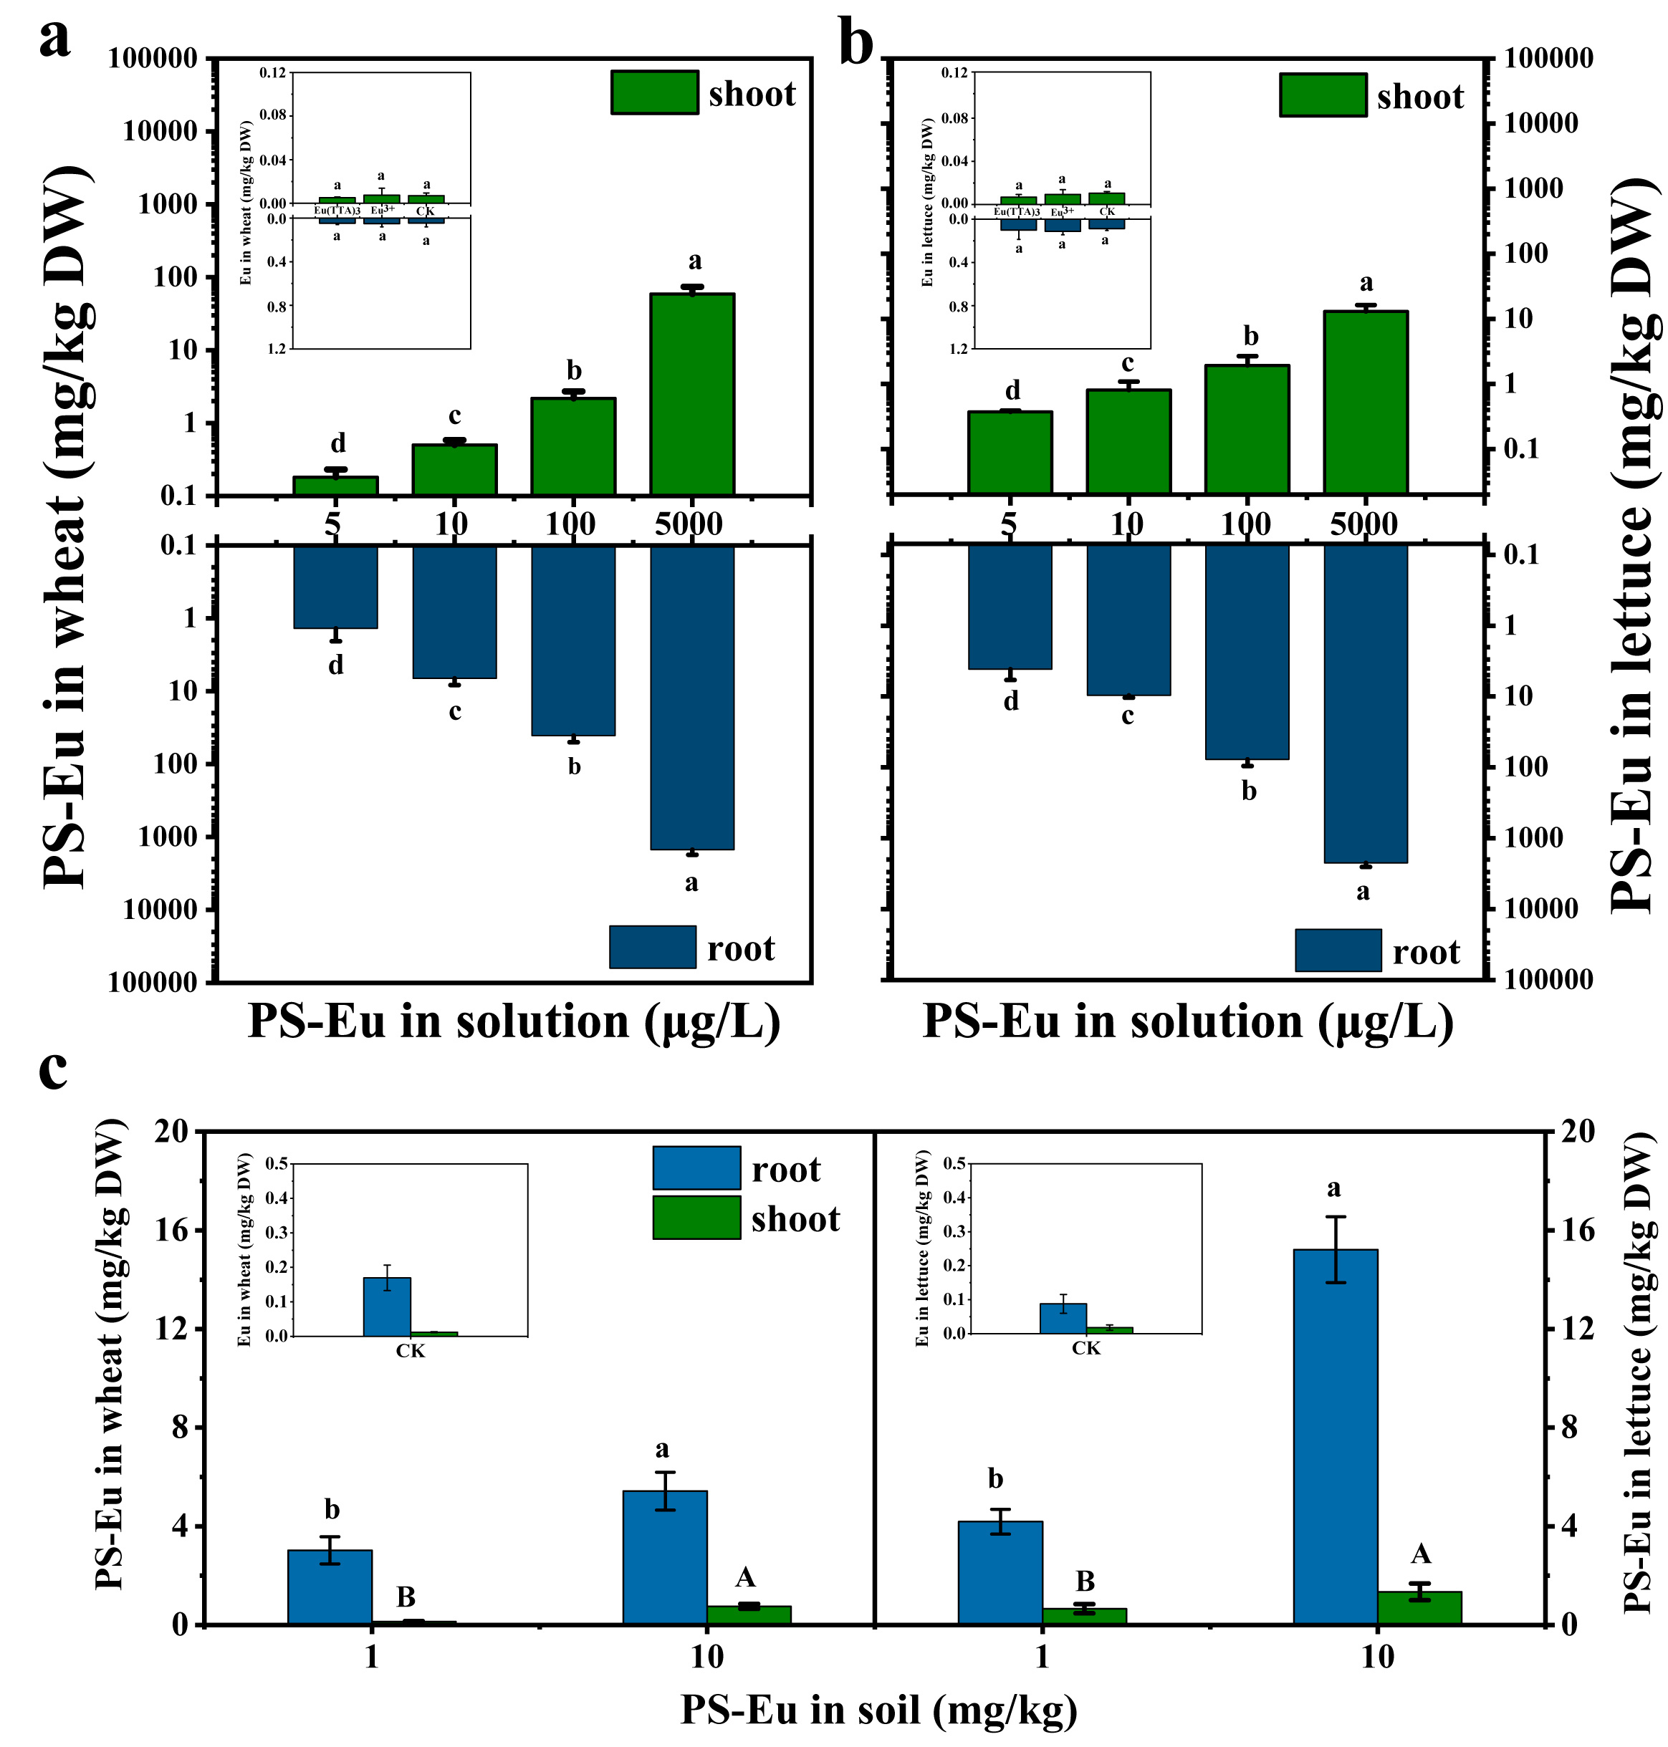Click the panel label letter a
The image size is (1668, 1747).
tap(54, 40)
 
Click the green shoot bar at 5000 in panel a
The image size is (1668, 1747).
tap(691, 393)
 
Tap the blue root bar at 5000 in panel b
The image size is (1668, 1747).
tap(1365, 703)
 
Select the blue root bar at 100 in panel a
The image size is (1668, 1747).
tap(572, 640)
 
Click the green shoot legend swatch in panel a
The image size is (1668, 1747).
tap(654, 92)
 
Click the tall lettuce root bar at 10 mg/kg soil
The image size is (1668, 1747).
tap(1335, 1437)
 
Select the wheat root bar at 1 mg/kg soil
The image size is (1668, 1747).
tap(330, 1587)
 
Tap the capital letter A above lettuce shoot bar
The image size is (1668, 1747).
tap(1421, 1554)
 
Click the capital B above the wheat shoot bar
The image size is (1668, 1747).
tap(406, 1597)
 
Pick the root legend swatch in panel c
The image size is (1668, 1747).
tap(696, 1168)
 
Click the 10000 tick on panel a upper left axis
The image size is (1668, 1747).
tap(160, 132)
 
